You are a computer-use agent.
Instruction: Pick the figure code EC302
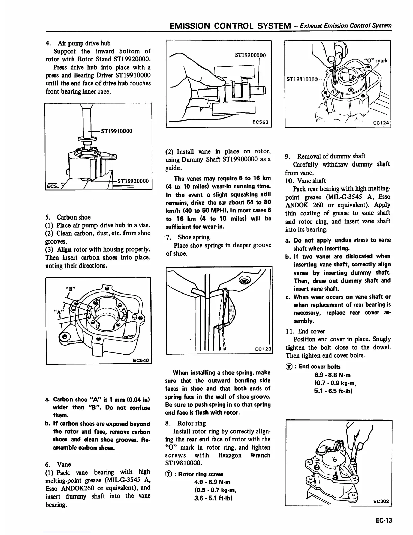tap(382, 501)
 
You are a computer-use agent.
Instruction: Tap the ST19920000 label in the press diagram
tap(133, 181)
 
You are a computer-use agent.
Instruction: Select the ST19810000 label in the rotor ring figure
tap(302, 79)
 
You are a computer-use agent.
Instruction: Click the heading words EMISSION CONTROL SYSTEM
tap(230, 26)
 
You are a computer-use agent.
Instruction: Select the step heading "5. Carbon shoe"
tap(68, 217)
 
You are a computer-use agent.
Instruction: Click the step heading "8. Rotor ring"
tap(186, 423)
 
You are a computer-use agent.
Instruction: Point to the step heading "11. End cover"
tap(305, 331)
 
